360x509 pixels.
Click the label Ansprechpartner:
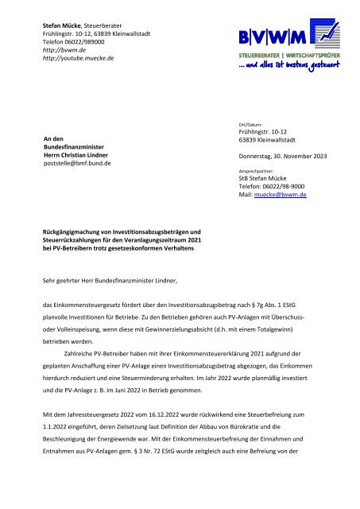tap(257, 170)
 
